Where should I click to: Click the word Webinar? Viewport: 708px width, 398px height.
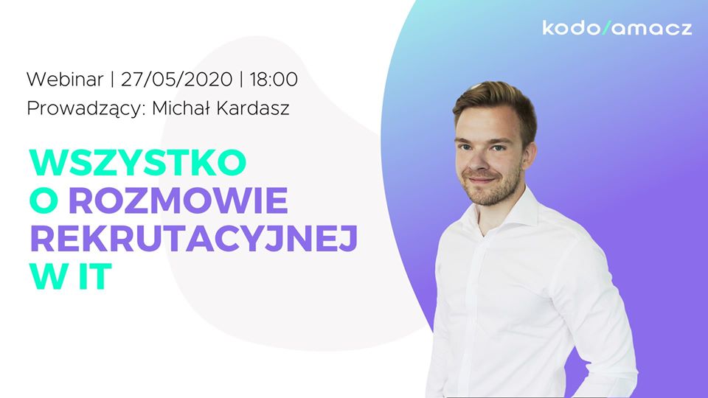[65, 80]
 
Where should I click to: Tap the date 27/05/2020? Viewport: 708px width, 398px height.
[176, 80]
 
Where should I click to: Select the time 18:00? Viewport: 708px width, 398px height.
[274, 80]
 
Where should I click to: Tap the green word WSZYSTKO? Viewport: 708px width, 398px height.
[138, 162]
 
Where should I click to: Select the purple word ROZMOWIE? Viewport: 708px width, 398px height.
[178, 200]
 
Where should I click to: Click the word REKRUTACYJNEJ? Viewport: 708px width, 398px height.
[194, 238]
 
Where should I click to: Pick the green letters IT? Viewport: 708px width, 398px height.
[94, 276]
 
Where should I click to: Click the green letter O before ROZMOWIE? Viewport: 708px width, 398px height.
[44, 200]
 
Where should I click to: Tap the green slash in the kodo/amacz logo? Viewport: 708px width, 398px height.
[606, 27]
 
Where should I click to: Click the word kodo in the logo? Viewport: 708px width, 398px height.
[571, 27]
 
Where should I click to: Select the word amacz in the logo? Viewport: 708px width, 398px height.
[652, 29]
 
